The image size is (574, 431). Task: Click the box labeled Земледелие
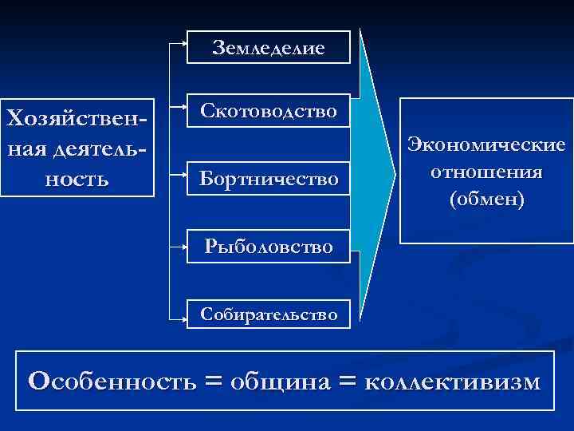(269, 47)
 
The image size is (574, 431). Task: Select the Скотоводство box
(269, 110)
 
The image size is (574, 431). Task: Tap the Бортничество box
(269, 177)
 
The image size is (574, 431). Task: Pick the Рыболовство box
(269, 246)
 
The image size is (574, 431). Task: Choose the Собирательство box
(269, 314)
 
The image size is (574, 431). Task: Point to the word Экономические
(486, 145)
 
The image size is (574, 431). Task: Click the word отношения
(486, 172)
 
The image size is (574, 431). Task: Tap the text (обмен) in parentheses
(486, 198)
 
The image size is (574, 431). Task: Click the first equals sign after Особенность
(213, 381)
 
